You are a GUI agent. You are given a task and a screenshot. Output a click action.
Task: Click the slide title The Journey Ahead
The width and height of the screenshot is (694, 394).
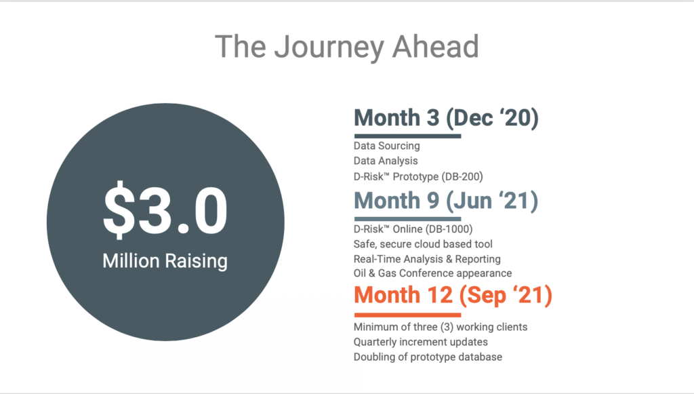[x=347, y=47]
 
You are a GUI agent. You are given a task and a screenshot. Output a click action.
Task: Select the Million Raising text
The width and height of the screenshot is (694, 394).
[x=165, y=261]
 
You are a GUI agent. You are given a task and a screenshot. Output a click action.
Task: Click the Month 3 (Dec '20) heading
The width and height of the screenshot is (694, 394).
[x=446, y=117]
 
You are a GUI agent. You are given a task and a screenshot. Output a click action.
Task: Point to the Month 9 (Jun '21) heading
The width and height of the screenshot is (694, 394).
[x=446, y=201]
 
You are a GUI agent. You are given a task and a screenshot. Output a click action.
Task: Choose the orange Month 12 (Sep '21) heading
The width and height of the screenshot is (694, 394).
[x=453, y=295]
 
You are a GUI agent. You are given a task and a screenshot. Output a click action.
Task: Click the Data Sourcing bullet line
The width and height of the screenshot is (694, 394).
[x=387, y=146]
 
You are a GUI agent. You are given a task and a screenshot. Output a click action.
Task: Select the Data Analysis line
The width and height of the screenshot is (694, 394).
[x=386, y=161]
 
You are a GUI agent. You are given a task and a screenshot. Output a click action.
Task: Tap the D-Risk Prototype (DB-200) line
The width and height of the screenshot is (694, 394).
[x=418, y=176]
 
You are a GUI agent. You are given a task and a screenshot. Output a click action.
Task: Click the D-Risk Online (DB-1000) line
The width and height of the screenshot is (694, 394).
[x=413, y=229]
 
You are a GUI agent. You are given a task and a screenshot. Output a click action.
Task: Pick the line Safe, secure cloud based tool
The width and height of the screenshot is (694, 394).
[x=423, y=244]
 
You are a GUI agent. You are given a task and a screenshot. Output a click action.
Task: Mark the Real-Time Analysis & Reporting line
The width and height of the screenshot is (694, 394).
[x=427, y=259]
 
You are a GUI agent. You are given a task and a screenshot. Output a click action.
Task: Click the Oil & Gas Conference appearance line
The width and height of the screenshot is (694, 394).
[x=433, y=273]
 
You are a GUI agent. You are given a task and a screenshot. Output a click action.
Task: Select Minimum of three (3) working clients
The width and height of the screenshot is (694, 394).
[x=441, y=327]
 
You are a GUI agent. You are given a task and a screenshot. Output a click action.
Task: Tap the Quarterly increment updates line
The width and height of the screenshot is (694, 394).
[x=420, y=342]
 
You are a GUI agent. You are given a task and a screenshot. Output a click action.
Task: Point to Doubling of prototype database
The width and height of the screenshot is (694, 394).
[x=428, y=357]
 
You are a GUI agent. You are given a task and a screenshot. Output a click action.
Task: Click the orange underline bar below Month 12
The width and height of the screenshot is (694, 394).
[x=407, y=315]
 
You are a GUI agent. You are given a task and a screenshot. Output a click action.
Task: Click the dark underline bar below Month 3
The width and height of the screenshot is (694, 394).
[x=407, y=136]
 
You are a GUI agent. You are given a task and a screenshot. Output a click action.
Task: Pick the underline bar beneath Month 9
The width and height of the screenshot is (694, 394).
[x=407, y=218]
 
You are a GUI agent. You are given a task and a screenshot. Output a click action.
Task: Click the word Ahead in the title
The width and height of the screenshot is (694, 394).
[x=436, y=47]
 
